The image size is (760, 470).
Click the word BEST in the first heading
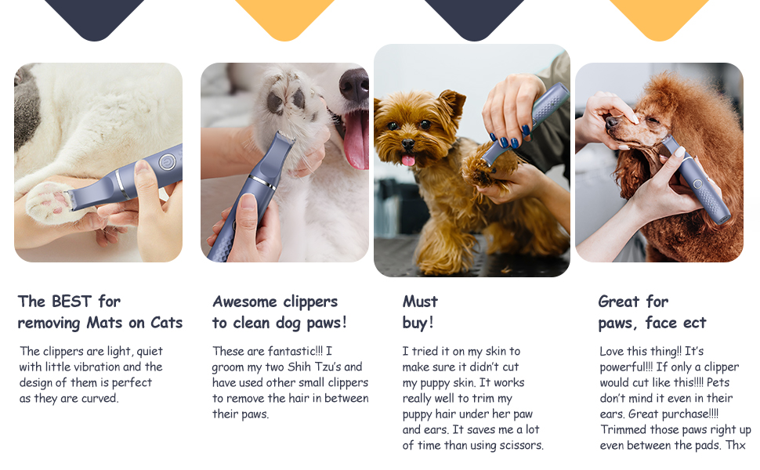pyautogui.click(x=72, y=302)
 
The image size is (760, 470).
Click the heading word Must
pyautogui.click(x=420, y=302)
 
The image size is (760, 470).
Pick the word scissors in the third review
pyautogui.click(x=519, y=445)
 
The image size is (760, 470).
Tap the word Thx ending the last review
pyautogui.click(x=736, y=445)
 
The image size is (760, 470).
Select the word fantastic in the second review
pyautogui.click(x=275, y=351)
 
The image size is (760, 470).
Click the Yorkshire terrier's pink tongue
pyautogui.click(x=407, y=160)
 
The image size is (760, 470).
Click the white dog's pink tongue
pyautogui.click(x=356, y=139)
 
